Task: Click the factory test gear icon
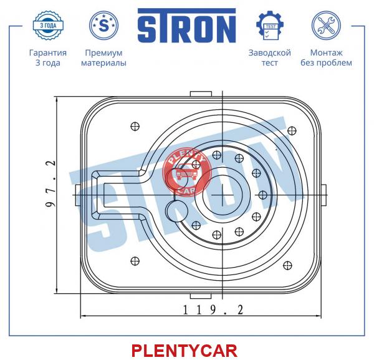(x=269, y=26)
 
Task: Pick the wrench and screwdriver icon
(x=326, y=26)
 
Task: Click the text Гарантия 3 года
(x=47, y=57)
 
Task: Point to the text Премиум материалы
(x=103, y=57)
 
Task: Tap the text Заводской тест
(x=269, y=57)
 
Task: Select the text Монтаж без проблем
(x=330, y=57)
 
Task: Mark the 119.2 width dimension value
(x=212, y=309)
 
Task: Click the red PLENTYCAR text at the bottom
(x=184, y=350)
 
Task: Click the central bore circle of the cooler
(x=224, y=194)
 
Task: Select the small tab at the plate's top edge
(x=199, y=94)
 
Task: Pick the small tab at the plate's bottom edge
(x=199, y=296)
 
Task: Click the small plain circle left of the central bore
(x=176, y=208)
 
